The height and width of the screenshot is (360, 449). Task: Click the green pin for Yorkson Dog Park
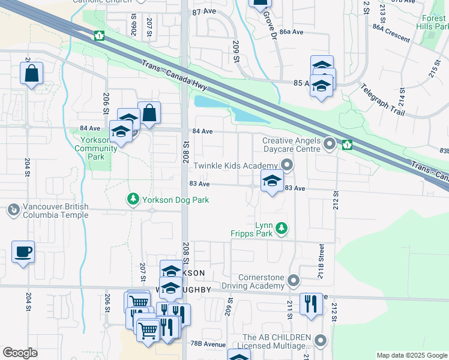(x=132, y=199)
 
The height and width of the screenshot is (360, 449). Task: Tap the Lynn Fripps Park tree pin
(x=281, y=228)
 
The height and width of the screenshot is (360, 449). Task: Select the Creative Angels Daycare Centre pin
(x=330, y=144)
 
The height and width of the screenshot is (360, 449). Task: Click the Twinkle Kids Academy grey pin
(x=288, y=165)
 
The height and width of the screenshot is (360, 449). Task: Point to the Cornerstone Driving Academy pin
(x=293, y=281)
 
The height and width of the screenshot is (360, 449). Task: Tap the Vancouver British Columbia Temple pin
(x=12, y=210)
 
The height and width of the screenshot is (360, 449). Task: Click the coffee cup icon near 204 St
(x=23, y=253)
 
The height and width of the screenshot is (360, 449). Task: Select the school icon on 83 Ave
(x=272, y=181)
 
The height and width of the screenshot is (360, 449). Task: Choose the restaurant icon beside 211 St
(x=311, y=304)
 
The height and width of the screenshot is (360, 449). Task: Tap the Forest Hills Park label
(x=433, y=23)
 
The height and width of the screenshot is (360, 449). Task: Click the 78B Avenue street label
(x=209, y=344)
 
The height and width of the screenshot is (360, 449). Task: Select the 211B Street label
(x=321, y=262)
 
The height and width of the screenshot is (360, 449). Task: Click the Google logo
(x=20, y=353)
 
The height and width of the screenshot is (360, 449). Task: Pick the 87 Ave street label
(x=203, y=12)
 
